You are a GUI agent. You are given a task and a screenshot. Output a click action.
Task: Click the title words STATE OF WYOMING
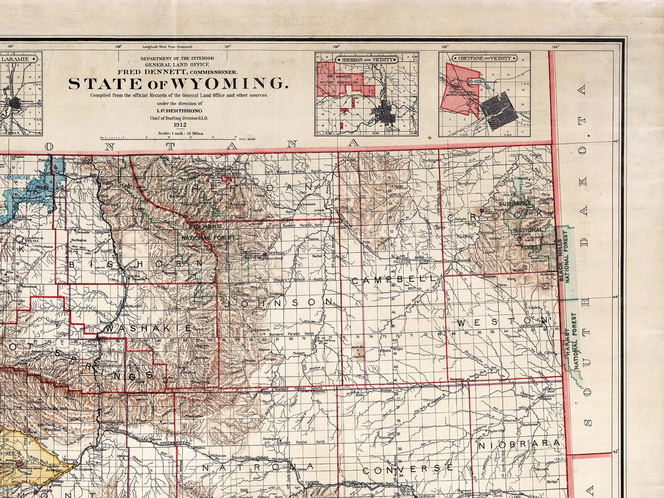(178, 84)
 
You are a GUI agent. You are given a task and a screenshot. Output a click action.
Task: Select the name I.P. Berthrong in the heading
(177, 109)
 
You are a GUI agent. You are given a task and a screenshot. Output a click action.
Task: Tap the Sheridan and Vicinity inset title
(366, 59)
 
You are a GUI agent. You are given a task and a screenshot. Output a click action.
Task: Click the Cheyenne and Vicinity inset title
(485, 59)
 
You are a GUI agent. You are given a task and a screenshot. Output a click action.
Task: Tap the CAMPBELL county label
(394, 280)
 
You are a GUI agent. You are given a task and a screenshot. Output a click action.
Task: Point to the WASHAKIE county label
(148, 329)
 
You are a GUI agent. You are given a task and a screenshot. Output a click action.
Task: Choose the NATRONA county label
(257, 467)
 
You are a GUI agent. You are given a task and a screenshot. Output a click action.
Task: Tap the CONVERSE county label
(407, 469)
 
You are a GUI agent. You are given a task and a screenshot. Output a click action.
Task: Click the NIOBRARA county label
(520, 444)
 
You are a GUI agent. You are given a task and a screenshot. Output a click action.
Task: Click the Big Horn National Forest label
(209, 233)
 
